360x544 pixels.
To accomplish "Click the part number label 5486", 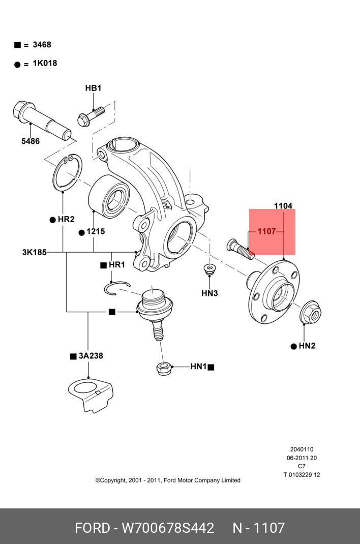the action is [31, 141].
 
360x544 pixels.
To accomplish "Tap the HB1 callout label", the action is [93, 88].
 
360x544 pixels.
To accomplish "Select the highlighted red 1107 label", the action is [266, 231].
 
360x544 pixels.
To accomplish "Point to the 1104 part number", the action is [283, 206].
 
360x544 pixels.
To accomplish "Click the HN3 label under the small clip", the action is [209, 293].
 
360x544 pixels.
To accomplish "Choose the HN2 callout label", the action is [307, 346].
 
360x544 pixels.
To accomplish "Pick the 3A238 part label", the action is [91, 355].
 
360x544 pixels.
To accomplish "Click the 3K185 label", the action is [35, 252].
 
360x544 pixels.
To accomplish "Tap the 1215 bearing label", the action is [96, 231].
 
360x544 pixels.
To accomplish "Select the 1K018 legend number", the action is [45, 63].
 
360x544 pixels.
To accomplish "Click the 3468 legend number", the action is [42, 44].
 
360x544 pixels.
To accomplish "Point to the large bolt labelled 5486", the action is [42, 119].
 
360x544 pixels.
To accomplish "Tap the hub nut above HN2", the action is [311, 313].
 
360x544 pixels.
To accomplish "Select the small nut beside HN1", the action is [164, 368].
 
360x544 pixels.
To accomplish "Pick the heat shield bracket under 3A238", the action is [91, 396].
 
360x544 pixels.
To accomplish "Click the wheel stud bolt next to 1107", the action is [240, 250].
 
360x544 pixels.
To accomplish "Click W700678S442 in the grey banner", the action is [168, 528].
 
